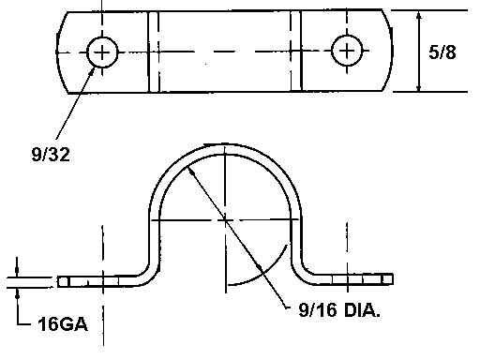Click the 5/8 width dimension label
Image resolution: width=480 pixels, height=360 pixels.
coord(442,52)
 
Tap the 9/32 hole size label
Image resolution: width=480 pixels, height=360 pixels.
coord(51,155)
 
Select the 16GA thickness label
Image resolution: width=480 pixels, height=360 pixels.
coord(63,324)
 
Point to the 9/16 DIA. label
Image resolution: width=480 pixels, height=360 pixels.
coord(339,310)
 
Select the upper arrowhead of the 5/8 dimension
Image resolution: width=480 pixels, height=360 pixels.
coord(419,17)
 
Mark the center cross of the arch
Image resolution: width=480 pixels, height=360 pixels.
coord(225,220)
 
